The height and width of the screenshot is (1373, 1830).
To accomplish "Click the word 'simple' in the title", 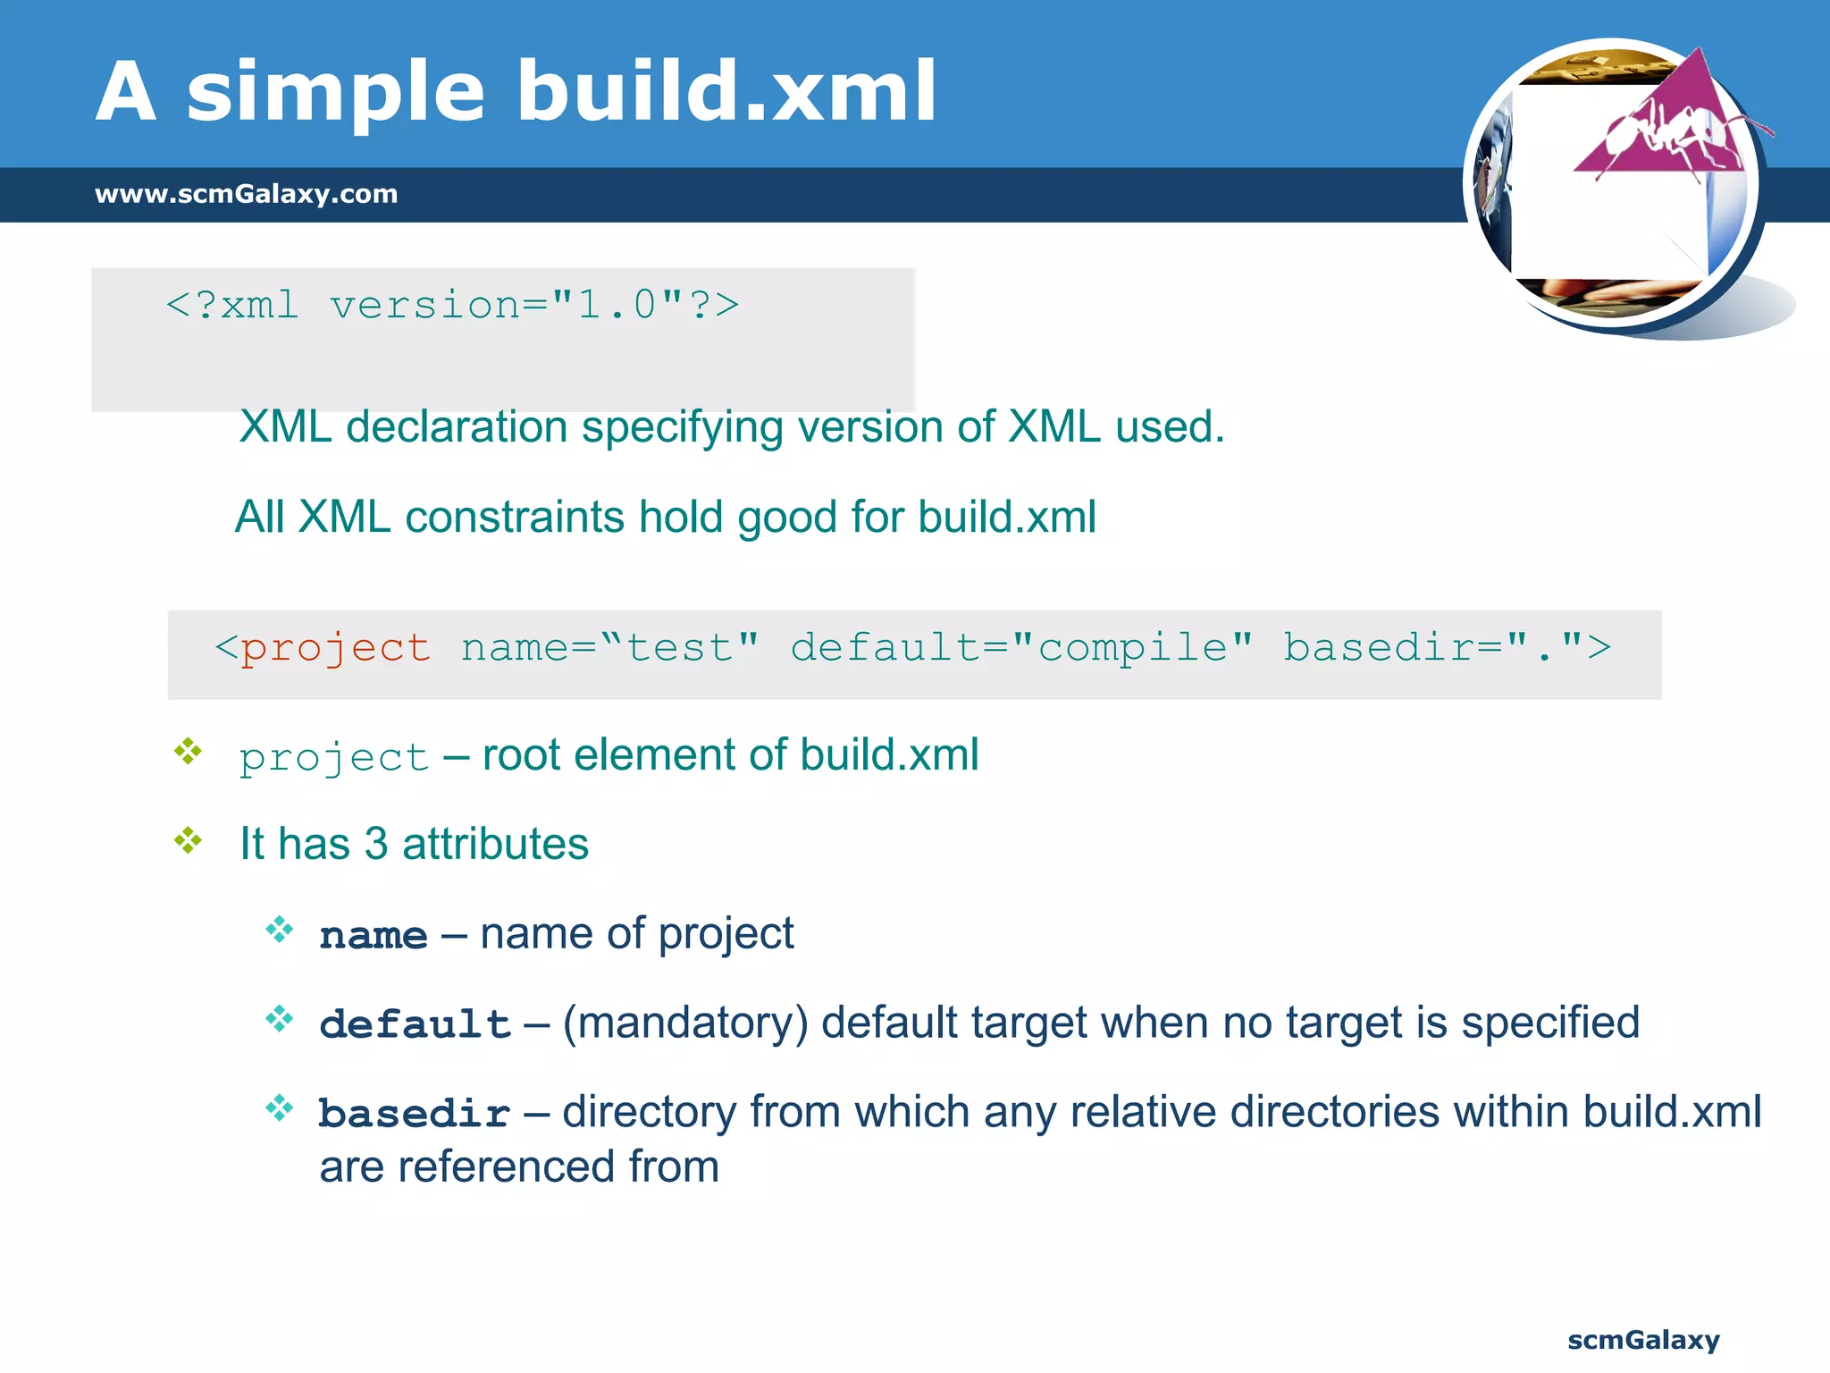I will pyautogui.click(x=335, y=92).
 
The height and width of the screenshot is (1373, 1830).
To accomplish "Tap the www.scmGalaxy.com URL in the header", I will pyautogui.click(x=246, y=194).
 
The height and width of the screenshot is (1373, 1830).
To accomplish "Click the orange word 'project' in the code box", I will pyautogui.click(x=335, y=648).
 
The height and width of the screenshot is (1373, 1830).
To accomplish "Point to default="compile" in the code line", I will pyautogui.click(x=1021, y=648).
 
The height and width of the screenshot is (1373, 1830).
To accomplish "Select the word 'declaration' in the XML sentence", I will pyautogui.click(x=457, y=426).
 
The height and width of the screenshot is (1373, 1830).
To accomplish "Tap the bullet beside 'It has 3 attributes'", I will pyautogui.click(x=189, y=840).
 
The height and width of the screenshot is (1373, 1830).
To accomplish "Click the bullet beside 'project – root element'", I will pyautogui.click(x=189, y=751).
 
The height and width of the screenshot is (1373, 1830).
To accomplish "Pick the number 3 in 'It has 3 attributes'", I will pyautogui.click(x=376, y=844).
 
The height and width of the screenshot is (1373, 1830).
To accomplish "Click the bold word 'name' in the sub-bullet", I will pyautogui.click(x=374, y=936).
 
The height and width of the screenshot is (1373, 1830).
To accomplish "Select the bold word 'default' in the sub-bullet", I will pyautogui.click(x=415, y=1024).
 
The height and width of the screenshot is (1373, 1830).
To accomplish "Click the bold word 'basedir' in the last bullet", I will pyautogui.click(x=414, y=1114).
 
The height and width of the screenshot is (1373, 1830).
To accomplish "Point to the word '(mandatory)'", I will pyautogui.click(x=684, y=1023).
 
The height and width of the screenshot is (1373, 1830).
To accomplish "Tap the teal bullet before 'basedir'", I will pyautogui.click(x=280, y=1108).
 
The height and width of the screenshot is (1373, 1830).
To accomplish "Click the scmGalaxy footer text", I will pyautogui.click(x=1642, y=1340).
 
